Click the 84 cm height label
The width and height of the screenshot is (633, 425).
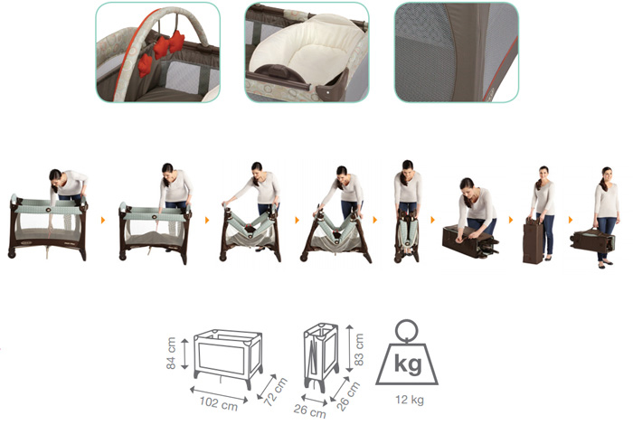[171, 354]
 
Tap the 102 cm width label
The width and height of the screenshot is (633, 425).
[219, 403]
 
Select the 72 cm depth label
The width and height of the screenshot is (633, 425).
[275, 392]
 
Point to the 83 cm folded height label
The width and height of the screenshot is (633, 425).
[358, 350]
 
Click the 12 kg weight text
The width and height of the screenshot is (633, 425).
[410, 400]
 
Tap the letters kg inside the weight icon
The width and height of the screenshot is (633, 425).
[408, 364]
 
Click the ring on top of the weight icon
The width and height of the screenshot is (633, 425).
[407, 331]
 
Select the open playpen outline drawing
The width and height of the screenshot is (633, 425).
[228, 358]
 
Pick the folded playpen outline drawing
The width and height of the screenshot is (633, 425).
[321, 356]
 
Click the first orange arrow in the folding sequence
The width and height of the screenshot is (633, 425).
[103, 220]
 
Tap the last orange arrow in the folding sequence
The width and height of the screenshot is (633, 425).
[571, 220]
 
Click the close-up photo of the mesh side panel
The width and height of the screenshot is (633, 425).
[456, 52]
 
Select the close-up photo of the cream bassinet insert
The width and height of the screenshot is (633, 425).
[307, 52]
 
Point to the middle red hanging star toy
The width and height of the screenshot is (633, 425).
[161, 47]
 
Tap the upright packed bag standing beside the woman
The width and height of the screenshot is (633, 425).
[533, 241]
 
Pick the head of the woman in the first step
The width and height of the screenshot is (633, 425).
[56, 177]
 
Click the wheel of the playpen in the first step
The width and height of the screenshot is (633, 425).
[12, 254]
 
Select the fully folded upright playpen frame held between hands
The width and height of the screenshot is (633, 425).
[407, 234]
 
